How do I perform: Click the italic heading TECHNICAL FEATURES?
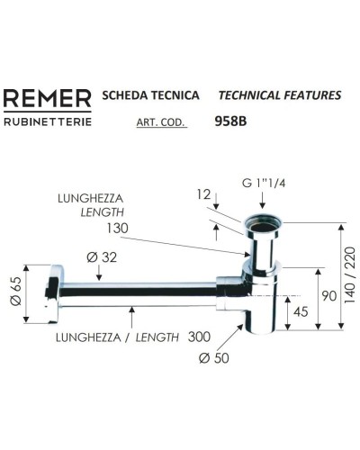point(280,95)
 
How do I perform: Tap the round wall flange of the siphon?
point(53,292)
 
